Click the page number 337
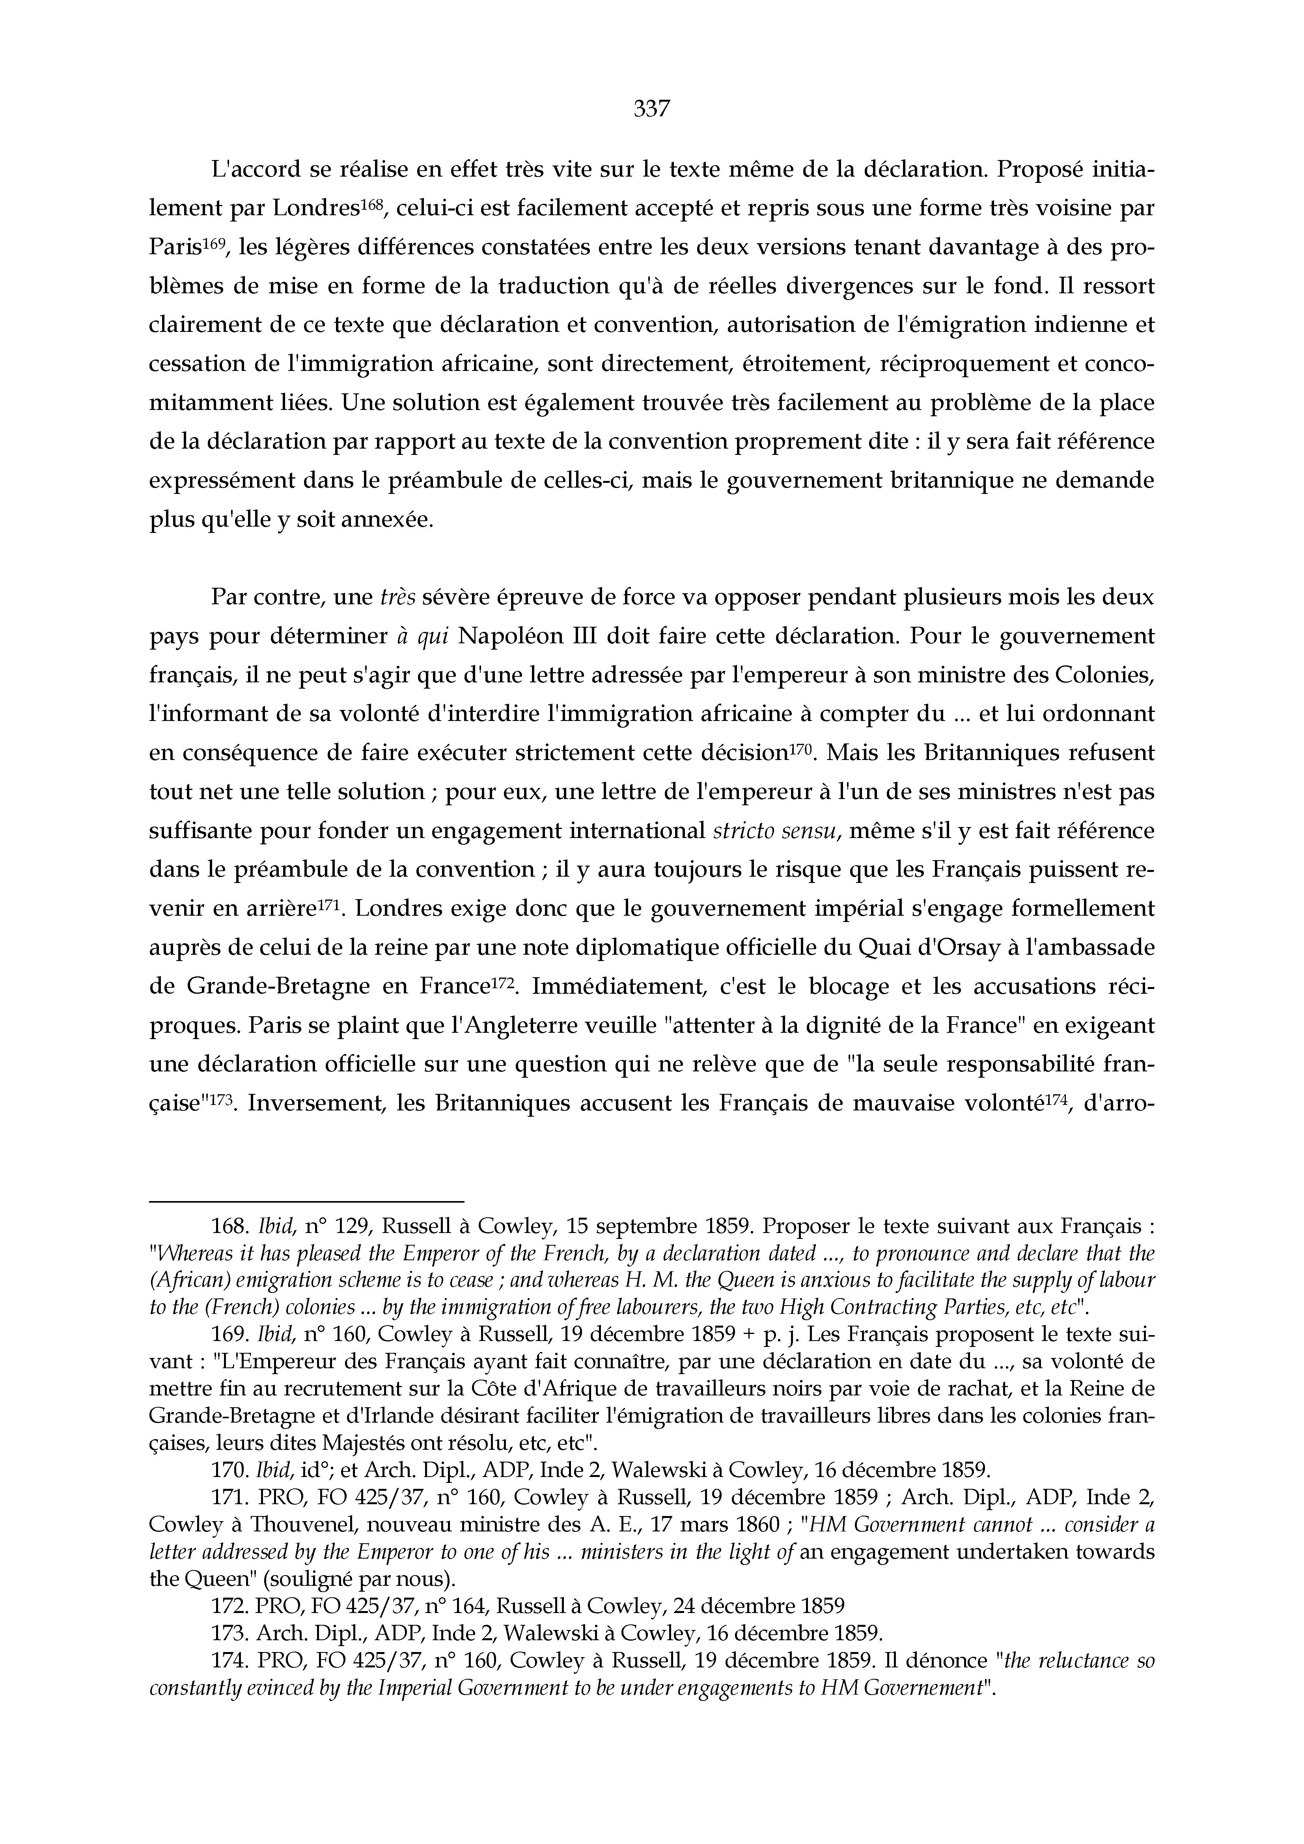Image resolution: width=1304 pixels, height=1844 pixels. tap(651, 108)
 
